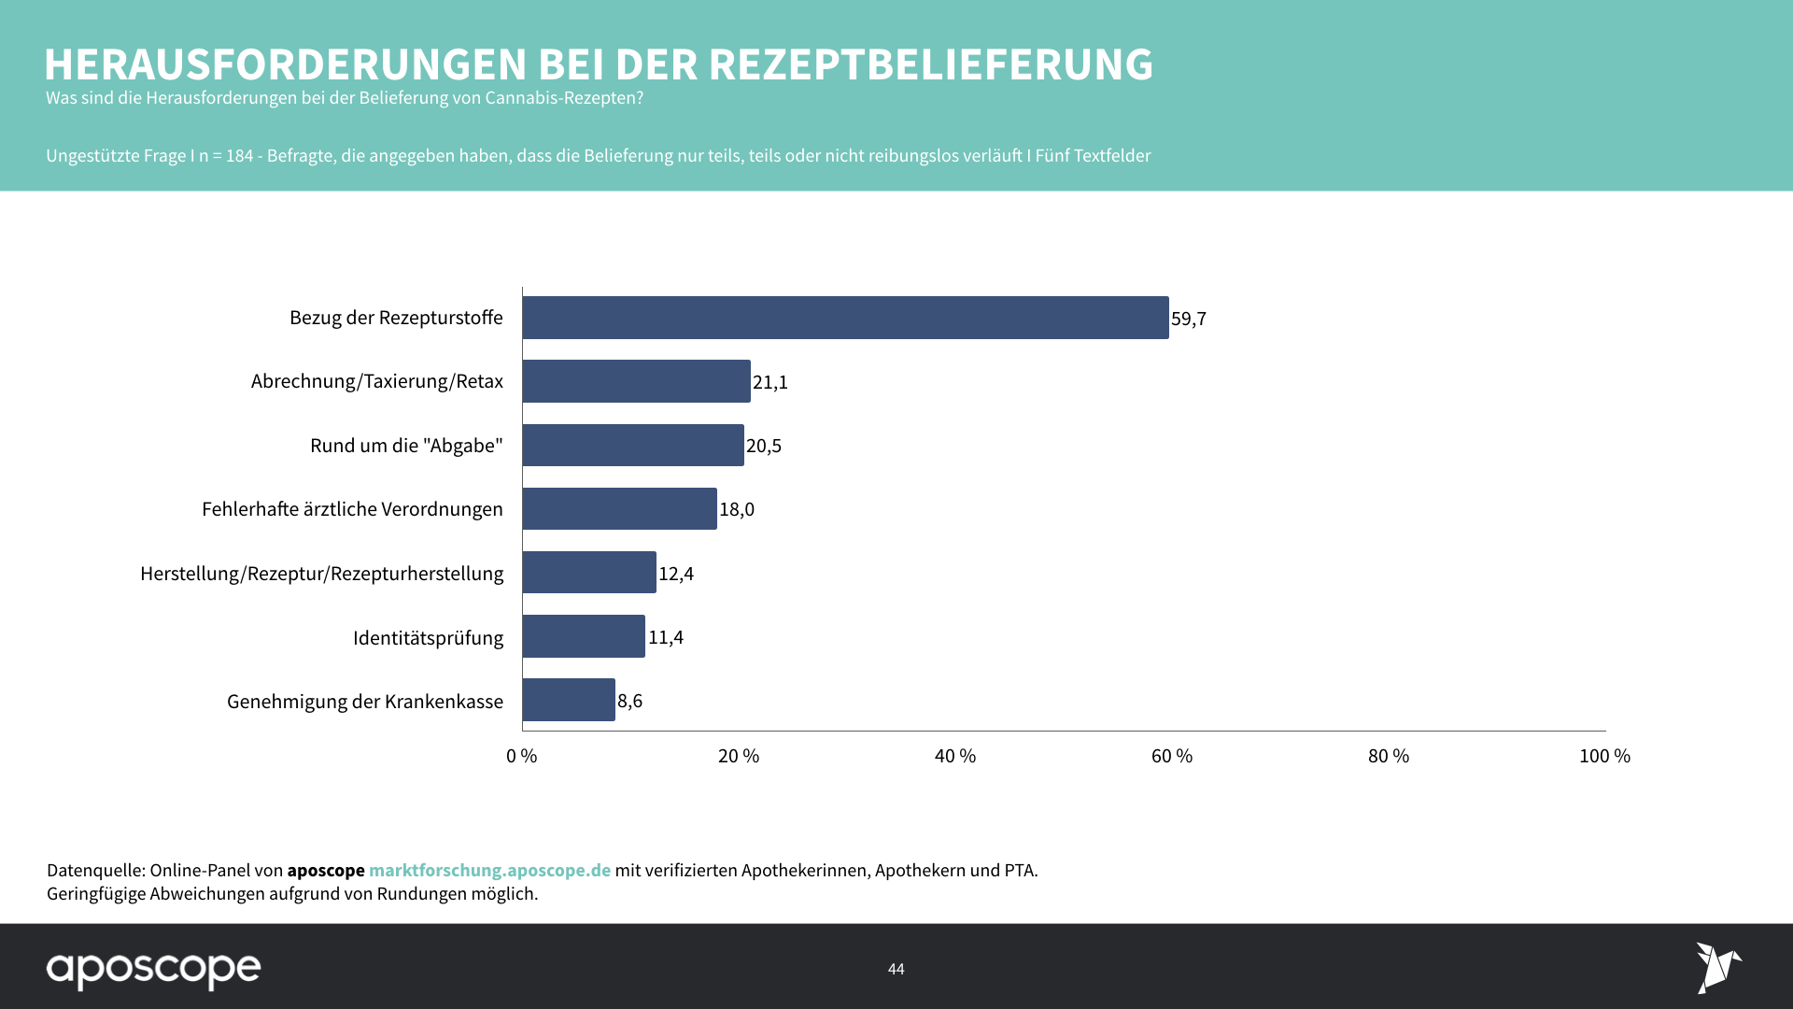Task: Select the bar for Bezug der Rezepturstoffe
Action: click(x=845, y=318)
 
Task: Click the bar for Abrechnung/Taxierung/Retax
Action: click(x=636, y=381)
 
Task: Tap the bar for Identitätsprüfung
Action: click(x=584, y=636)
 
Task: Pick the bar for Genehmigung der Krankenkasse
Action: click(x=569, y=700)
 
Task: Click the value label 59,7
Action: click(x=1189, y=319)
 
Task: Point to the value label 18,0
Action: click(x=737, y=509)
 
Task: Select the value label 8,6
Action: click(x=630, y=701)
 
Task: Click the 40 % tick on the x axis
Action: click(x=955, y=756)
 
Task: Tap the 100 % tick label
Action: click(x=1604, y=756)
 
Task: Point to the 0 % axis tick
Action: click(x=522, y=756)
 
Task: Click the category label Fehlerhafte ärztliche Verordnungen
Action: click(x=352, y=509)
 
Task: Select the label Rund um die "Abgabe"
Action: click(x=406, y=446)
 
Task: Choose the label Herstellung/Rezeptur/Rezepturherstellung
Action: click(x=321, y=574)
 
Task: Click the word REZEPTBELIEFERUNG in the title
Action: click(x=930, y=64)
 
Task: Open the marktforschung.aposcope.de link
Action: click(x=489, y=870)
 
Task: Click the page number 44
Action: click(x=896, y=969)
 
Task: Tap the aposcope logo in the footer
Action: click(x=154, y=970)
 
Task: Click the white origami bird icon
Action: click(x=1717, y=967)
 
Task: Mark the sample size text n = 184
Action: click(x=226, y=156)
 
